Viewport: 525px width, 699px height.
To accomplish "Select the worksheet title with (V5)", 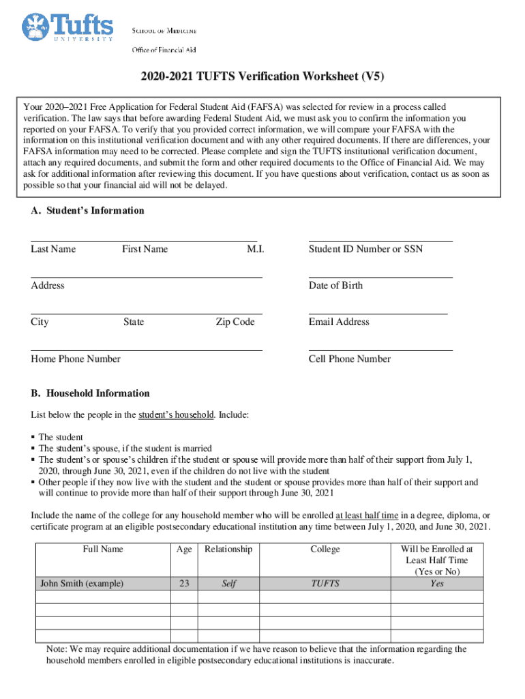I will click(262, 76).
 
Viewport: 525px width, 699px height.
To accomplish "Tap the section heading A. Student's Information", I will click(87, 211).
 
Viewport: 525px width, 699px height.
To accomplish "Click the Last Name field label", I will click(53, 249).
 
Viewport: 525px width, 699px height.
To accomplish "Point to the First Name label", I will click(145, 249).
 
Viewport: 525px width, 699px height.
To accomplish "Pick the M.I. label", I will click(255, 249).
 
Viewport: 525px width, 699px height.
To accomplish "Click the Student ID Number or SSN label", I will click(365, 249).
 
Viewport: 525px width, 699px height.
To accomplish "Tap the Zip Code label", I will click(235, 322).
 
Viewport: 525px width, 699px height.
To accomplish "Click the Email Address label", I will click(339, 322).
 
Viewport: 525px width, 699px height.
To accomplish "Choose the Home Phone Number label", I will click(76, 359).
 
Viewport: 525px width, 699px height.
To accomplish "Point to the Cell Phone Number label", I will click(350, 359).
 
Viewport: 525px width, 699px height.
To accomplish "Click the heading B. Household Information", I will click(90, 393).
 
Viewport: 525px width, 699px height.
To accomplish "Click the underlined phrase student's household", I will click(176, 415).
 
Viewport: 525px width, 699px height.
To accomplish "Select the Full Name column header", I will click(103, 549).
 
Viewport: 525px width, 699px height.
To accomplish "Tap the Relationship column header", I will click(228, 549).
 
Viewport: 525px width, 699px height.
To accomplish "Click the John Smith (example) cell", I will click(82, 584).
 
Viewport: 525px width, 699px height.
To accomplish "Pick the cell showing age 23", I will click(183, 584).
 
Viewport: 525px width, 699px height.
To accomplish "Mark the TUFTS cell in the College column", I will click(325, 584).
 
